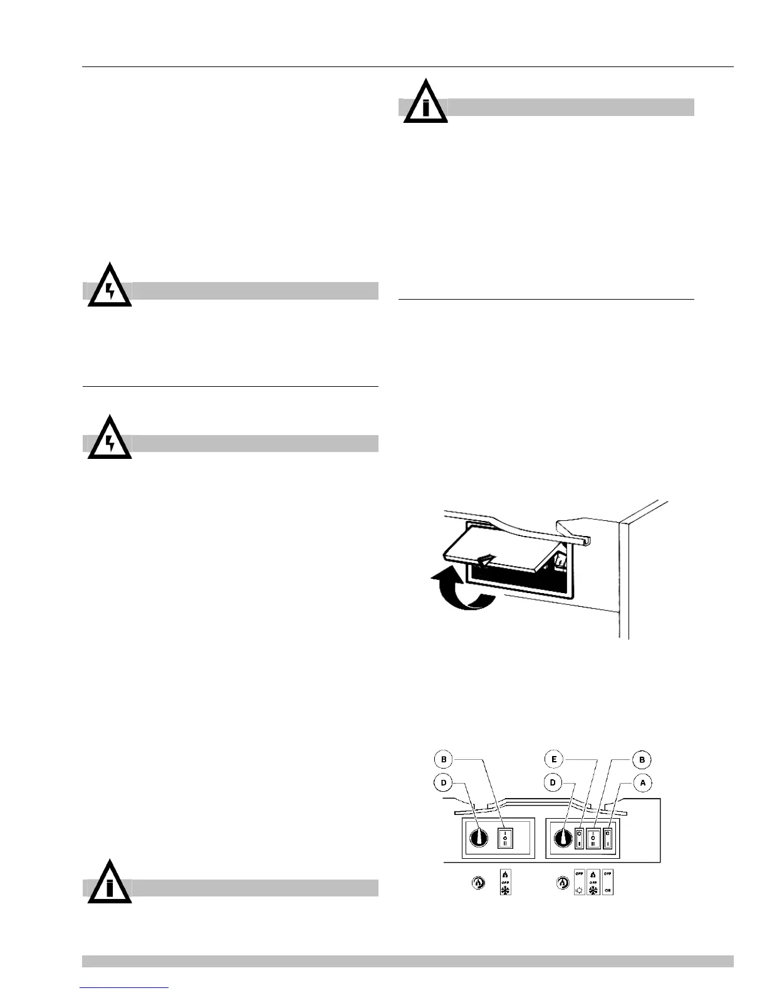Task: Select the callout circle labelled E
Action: pyautogui.click(x=553, y=760)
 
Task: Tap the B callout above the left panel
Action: pyautogui.click(x=444, y=760)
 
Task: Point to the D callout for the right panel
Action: pyautogui.click(x=553, y=782)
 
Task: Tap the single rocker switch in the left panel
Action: pyautogui.click(x=505, y=838)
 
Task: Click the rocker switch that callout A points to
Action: pyautogui.click(x=607, y=838)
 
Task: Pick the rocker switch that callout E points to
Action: pyautogui.click(x=580, y=838)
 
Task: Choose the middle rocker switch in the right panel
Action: pyautogui.click(x=593, y=838)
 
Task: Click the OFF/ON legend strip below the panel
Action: pyautogui.click(x=607, y=882)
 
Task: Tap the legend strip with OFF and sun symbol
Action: pyautogui.click(x=580, y=882)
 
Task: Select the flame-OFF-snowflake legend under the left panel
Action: pyautogui.click(x=505, y=882)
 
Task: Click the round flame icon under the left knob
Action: pyautogui.click(x=478, y=883)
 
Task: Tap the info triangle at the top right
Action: pyautogui.click(x=425, y=103)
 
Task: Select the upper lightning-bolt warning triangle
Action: pyautogui.click(x=110, y=287)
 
